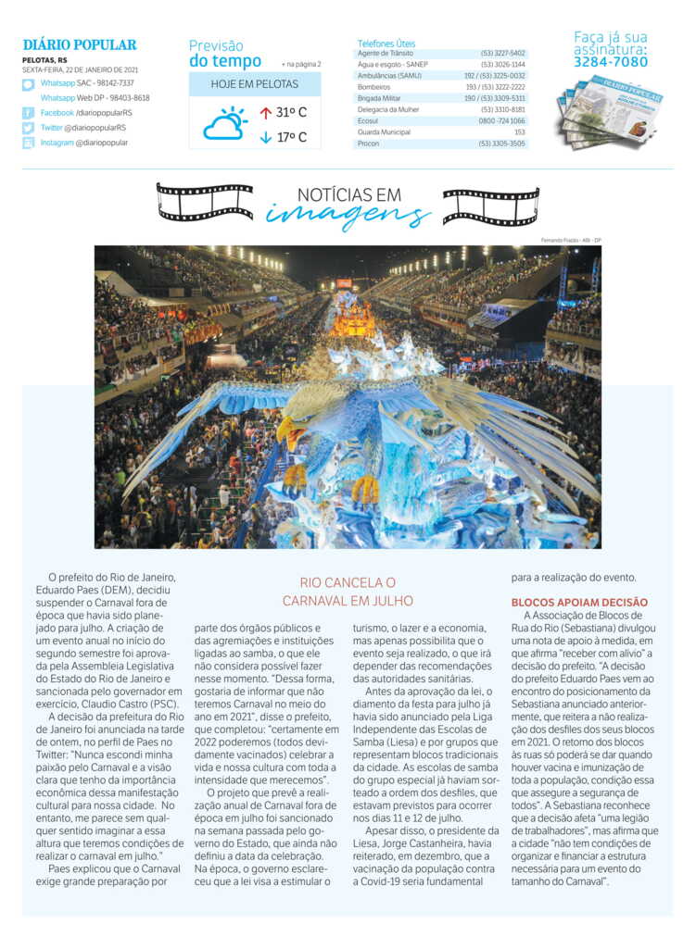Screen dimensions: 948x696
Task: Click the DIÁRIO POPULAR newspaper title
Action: click(x=80, y=44)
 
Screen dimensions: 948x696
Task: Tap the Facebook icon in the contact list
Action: click(x=29, y=113)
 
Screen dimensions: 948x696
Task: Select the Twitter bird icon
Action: click(x=29, y=128)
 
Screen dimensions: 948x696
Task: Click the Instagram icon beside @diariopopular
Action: click(x=29, y=143)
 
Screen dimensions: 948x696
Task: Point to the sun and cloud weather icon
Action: click(x=225, y=123)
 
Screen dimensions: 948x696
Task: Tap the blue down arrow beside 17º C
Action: click(x=266, y=138)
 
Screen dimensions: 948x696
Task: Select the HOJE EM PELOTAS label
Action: click(x=255, y=84)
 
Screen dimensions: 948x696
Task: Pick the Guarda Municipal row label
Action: click(x=383, y=131)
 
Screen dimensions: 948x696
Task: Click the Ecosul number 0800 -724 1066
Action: click(x=501, y=120)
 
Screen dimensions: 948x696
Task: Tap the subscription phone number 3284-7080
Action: click(x=611, y=62)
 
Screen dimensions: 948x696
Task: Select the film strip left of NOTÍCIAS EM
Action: click(x=205, y=201)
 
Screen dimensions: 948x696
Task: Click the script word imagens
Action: click(x=348, y=215)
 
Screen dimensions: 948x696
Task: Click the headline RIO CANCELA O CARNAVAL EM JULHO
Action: click(x=348, y=592)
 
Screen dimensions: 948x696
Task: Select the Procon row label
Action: click(x=368, y=143)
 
